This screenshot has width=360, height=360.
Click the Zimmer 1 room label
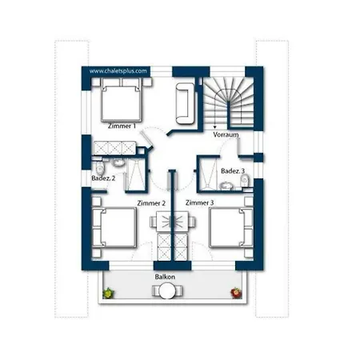click(122, 126)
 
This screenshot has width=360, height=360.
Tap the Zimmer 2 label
click(151, 203)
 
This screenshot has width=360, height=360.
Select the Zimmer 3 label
click(199, 202)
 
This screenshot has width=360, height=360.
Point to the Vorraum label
click(226, 134)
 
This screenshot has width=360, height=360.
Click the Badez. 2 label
click(103, 178)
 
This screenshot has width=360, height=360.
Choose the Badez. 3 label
click(233, 171)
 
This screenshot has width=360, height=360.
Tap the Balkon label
click(165, 277)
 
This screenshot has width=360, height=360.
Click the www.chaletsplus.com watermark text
click(118, 71)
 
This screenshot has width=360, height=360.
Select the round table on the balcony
click(167, 290)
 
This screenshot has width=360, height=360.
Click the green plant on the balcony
click(108, 293)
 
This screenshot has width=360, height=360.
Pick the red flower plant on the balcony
click(236, 293)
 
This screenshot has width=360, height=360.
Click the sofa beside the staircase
click(185, 103)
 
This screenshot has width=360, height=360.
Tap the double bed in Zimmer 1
click(122, 100)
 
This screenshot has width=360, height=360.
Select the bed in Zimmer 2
click(114, 228)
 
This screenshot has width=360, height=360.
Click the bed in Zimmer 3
click(231, 228)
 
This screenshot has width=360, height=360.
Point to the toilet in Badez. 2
click(100, 167)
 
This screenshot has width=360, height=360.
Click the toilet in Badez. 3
click(245, 182)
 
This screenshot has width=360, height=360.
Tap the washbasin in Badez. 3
click(226, 186)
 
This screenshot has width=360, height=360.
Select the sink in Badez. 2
click(118, 162)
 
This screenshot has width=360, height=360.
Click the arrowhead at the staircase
click(214, 127)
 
